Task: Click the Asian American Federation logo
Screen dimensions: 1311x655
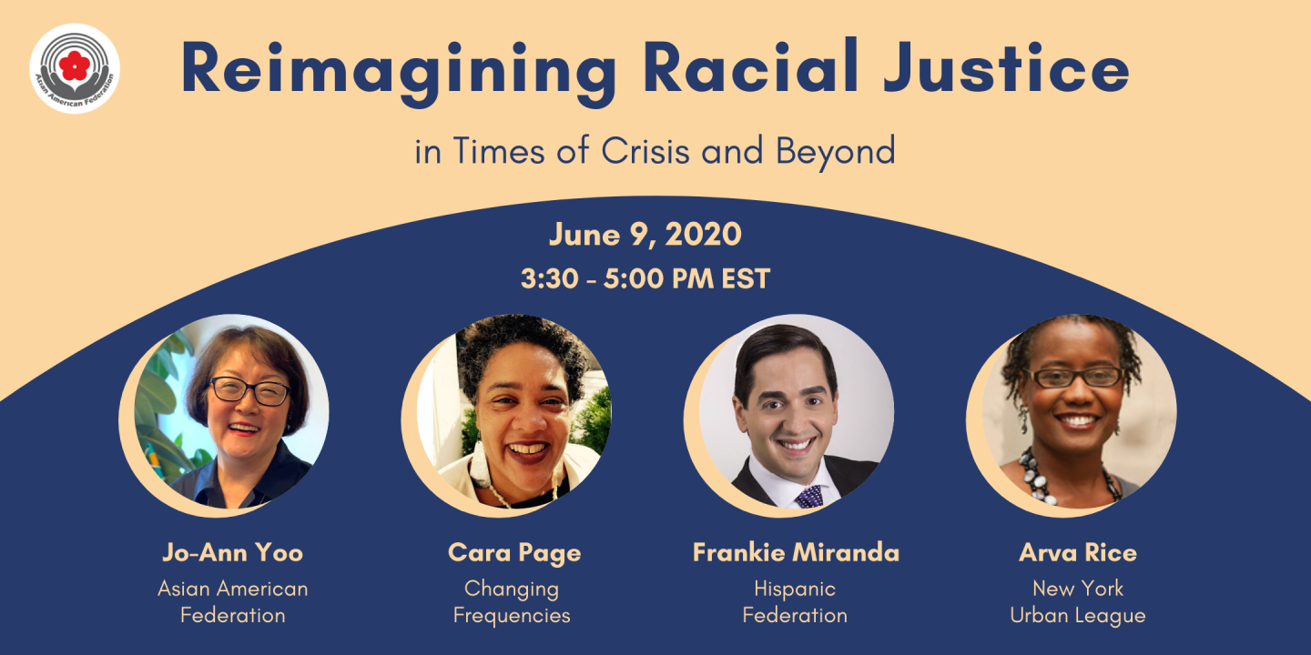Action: (75, 69)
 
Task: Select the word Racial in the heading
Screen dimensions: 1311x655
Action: (751, 65)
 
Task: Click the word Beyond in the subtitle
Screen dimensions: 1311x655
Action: (836, 152)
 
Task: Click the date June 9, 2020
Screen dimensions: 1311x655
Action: (645, 235)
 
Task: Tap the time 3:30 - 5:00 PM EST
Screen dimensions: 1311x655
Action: (645, 278)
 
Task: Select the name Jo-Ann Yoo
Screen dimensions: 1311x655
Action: (232, 553)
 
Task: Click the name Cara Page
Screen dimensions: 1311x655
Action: (514, 553)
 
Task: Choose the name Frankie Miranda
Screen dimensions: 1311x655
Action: (796, 553)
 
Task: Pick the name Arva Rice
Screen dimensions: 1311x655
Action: (1078, 553)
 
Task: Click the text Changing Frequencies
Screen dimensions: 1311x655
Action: (512, 602)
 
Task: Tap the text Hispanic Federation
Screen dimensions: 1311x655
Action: (795, 602)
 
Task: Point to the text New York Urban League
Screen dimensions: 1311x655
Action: (1078, 602)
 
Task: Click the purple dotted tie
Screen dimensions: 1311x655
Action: (809, 497)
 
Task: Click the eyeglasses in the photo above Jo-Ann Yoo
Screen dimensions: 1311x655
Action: (250, 391)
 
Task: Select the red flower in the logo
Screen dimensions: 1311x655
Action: (75, 65)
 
